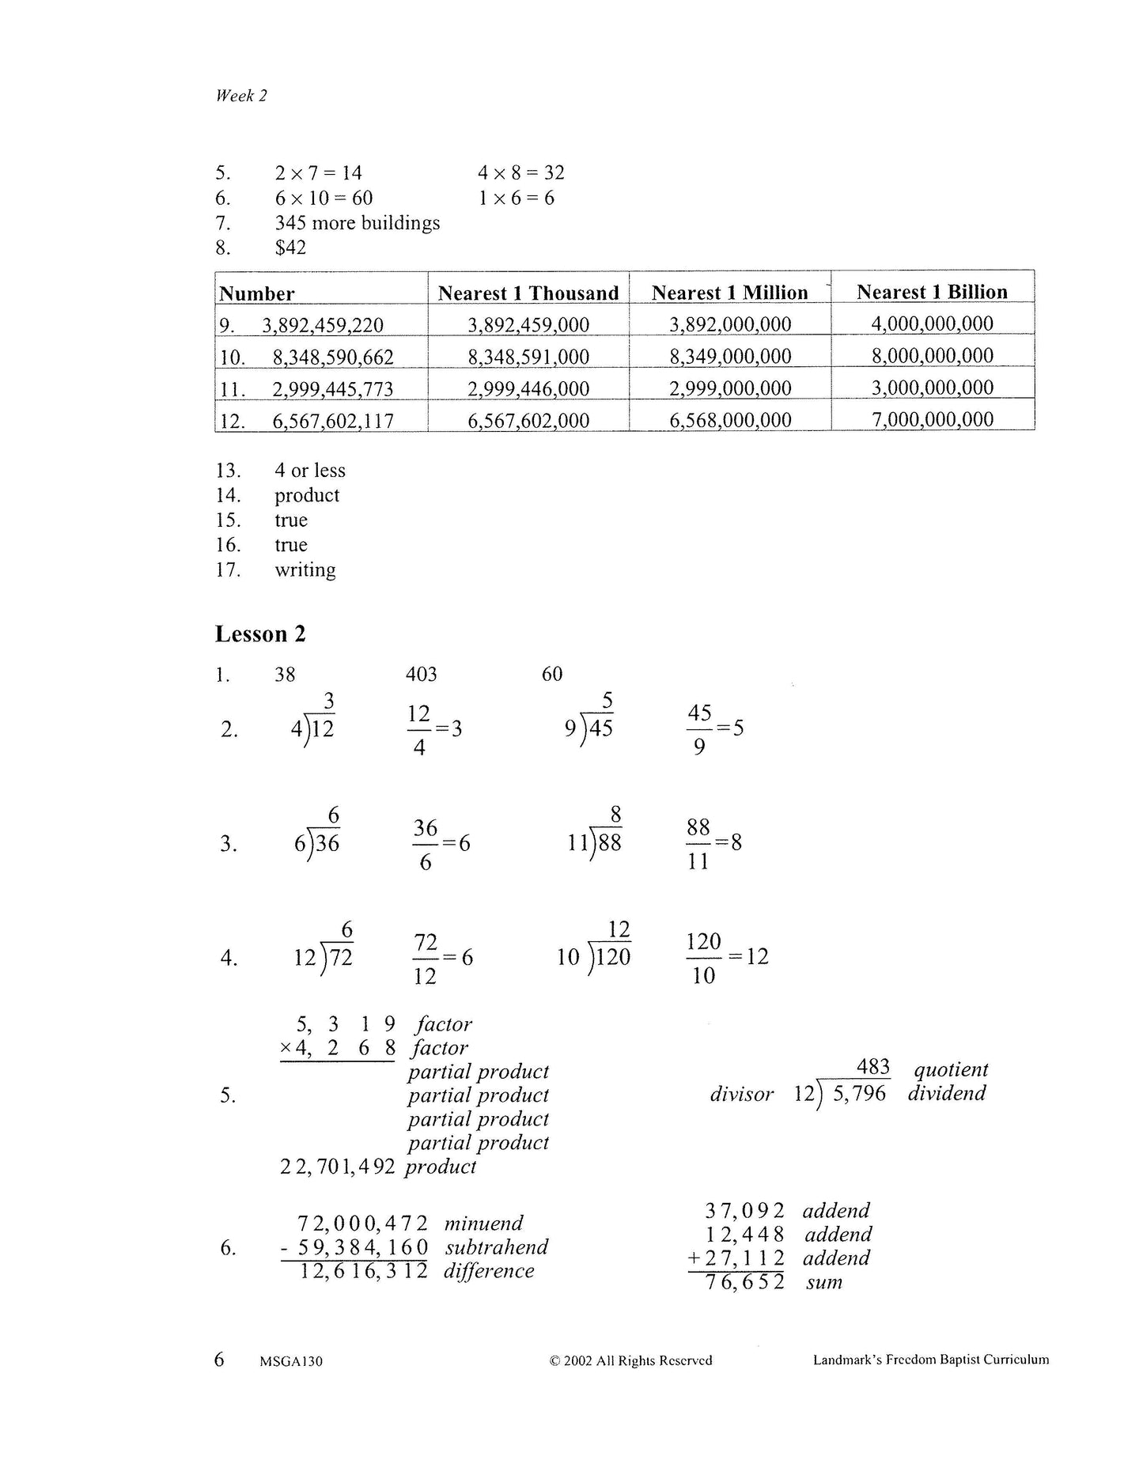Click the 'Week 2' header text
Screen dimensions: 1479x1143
pos(241,96)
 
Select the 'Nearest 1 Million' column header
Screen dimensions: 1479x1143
pos(729,293)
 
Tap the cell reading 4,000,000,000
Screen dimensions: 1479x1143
pos(932,323)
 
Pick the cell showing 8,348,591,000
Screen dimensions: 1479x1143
pos(528,357)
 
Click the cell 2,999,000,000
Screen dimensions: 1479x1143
pos(730,388)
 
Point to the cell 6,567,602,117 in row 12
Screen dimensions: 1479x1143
pos(333,421)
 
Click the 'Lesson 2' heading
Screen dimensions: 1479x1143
pos(260,634)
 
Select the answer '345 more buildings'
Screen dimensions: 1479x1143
pos(357,223)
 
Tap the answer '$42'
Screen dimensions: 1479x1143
pos(290,248)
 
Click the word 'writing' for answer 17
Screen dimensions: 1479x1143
pos(305,570)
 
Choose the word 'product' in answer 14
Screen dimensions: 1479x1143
pos(307,495)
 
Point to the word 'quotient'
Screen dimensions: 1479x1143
pos(951,1069)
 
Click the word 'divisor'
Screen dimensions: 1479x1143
pos(741,1094)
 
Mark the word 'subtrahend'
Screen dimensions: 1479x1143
pos(496,1247)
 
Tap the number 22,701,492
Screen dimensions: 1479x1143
pos(337,1167)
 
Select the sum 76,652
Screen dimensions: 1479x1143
pos(740,1282)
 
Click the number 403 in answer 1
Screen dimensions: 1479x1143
pos(421,674)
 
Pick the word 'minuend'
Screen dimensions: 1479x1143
pos(483,1224)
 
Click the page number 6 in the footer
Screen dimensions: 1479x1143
pos(219,1359)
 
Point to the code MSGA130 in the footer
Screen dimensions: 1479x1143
pos(290,1361)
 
